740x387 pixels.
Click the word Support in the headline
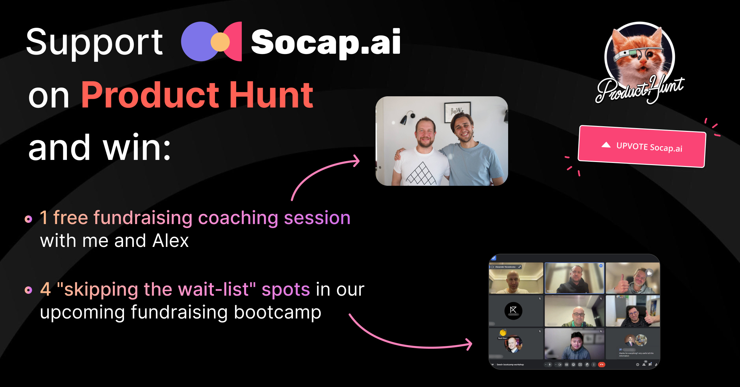point(94,43)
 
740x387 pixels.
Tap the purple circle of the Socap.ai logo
point(197,41)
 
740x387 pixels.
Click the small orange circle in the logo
point(220,42)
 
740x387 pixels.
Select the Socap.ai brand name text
point(326,42)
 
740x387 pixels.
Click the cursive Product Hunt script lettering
point(640,89)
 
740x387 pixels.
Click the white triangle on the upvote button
point(606,145)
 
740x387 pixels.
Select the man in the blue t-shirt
point(469,148)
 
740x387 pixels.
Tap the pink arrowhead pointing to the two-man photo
point(356,161)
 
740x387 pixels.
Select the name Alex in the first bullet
point(170,241)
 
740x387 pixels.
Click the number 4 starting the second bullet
point(45,289)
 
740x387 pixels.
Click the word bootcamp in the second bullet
point(277,312)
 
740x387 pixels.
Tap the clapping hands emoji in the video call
point(503,332)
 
